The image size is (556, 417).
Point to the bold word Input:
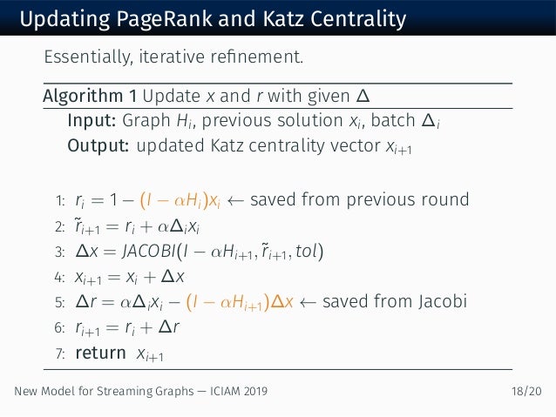[x=92, y=120]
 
